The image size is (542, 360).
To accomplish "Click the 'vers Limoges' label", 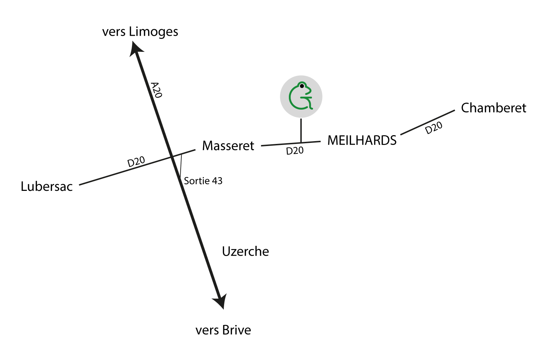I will (140, 32).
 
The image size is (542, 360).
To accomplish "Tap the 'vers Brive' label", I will (223, 330).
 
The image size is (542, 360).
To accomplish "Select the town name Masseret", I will (228, 146).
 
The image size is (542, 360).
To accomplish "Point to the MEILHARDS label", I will (362, 140).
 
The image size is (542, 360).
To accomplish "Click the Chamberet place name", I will (493, 108).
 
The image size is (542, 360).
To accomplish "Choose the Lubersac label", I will (47, 186).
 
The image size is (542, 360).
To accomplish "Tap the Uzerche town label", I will (245, 251).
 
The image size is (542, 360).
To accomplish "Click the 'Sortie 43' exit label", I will (203, 181).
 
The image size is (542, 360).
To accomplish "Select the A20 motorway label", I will (156, 90).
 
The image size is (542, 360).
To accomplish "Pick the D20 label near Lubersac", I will (136, 161).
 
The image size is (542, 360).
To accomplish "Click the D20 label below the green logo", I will (295, 151).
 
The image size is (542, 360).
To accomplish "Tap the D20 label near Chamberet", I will (434, 128).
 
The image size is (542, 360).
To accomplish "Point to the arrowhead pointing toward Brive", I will (220, 302).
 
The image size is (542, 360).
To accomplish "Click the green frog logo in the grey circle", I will (301, 97).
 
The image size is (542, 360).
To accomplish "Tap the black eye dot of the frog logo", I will (302, 86).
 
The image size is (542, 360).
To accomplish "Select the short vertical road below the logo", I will (301, 130).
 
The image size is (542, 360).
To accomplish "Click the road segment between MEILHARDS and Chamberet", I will (427, 122).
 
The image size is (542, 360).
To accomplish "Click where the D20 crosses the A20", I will (172, 157).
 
